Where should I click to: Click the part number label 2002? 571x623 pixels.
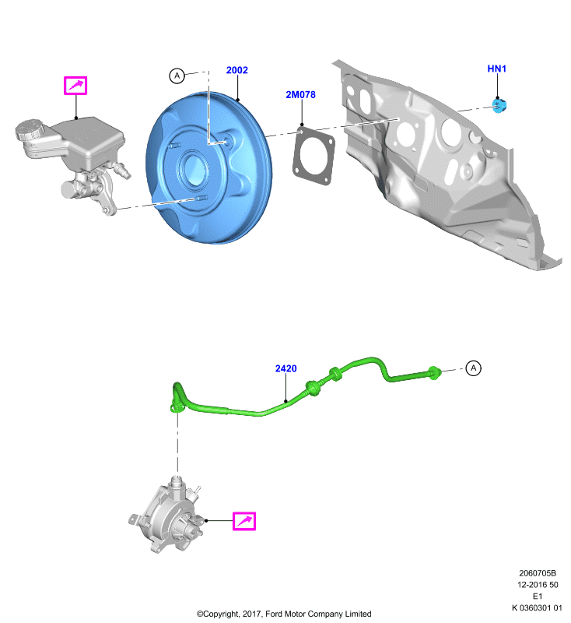click(x=237, y=70)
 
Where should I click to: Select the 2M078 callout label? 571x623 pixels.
click(x=301, y=94)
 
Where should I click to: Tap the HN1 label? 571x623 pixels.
click(x=497, y=69)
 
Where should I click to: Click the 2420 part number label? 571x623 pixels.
click(x=286, y=368)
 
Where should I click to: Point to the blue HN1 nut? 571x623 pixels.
click(x=499, y=105)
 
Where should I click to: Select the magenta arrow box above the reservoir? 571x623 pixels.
click(x=75, y=86)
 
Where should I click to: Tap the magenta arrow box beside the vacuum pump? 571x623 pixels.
click(x=244, y=521)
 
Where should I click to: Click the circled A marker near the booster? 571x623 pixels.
click(x=177, y=76)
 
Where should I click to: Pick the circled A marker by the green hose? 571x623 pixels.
click(x=473, y=368)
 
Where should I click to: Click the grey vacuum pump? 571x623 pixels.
click(x=166, y=515)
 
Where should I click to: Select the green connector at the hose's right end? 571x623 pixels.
click(x=434, y=373)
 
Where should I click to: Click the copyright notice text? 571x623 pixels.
click(x=284, y=614)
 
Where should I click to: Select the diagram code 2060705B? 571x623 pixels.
click(x=538, y=573)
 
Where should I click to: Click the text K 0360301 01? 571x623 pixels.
click(x=537, y=607)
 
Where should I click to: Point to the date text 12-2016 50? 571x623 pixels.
click(x=538, y=585)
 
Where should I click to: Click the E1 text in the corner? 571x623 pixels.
click(x=538, y=596)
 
